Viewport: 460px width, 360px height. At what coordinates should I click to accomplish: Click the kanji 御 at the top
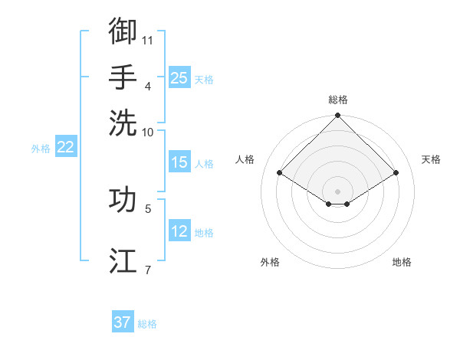(x=123, y=31)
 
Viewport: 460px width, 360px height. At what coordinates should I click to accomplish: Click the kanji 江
(x=123, y=260)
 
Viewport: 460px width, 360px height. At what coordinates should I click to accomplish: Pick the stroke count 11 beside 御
(x=148, y=39)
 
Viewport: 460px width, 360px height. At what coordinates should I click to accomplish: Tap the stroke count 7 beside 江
(x=147, y=269)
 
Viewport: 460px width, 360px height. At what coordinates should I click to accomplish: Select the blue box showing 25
(x=179, y=78)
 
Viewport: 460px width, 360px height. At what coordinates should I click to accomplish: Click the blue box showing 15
(x=179, y=162)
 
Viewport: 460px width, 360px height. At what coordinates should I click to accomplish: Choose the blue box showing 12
(x=179, y=231)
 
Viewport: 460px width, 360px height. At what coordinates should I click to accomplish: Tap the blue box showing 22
(x=65, y=148)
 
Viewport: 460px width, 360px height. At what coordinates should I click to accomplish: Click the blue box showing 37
(x=123, y=322)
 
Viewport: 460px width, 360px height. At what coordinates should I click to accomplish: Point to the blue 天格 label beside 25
(x=204, y=80)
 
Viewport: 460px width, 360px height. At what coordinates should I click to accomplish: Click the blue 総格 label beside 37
(x=147, y=324)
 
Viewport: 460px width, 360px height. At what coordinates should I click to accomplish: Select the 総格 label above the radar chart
(x=338, y=100)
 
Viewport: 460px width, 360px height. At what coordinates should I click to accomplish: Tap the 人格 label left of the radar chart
(x=245, y=159)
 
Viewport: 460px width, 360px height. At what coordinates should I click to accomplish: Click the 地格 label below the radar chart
(x=402, y=262)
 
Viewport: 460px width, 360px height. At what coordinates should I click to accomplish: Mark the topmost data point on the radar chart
(x=338, y=116)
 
